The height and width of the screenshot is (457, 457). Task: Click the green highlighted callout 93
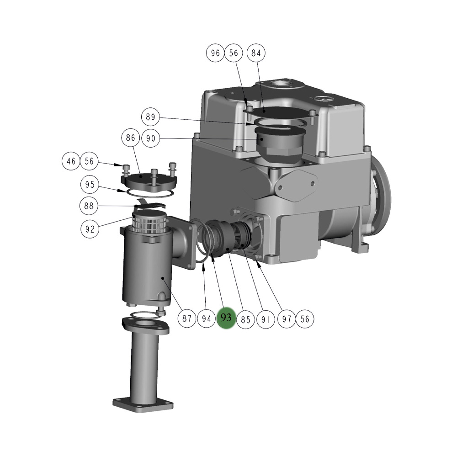[226, 319]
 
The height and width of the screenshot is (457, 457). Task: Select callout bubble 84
[256, 53]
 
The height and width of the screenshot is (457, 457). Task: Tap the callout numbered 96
[215, 53]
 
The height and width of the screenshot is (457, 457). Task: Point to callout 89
[150, 117]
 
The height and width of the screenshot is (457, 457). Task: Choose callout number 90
[150, 138]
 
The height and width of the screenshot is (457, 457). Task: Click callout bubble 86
[131, 138]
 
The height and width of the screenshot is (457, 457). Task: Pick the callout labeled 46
[71, 161]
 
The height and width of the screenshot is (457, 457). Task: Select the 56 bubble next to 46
[90, 161]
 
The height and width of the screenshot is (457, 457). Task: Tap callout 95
[90, 185]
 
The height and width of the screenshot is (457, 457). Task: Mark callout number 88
[90, 206]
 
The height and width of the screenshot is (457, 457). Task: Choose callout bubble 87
[187, 319]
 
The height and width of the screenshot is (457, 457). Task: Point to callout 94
[207, 319]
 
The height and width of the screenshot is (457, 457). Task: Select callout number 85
[246, 319]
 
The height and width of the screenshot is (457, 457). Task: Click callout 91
[266, 319]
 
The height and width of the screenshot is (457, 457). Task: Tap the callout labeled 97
[287, 319]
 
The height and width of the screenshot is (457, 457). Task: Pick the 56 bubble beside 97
[305, 319]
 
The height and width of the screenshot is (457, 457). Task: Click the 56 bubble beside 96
[234, 53]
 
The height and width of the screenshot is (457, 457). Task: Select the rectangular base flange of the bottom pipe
[143, 404]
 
